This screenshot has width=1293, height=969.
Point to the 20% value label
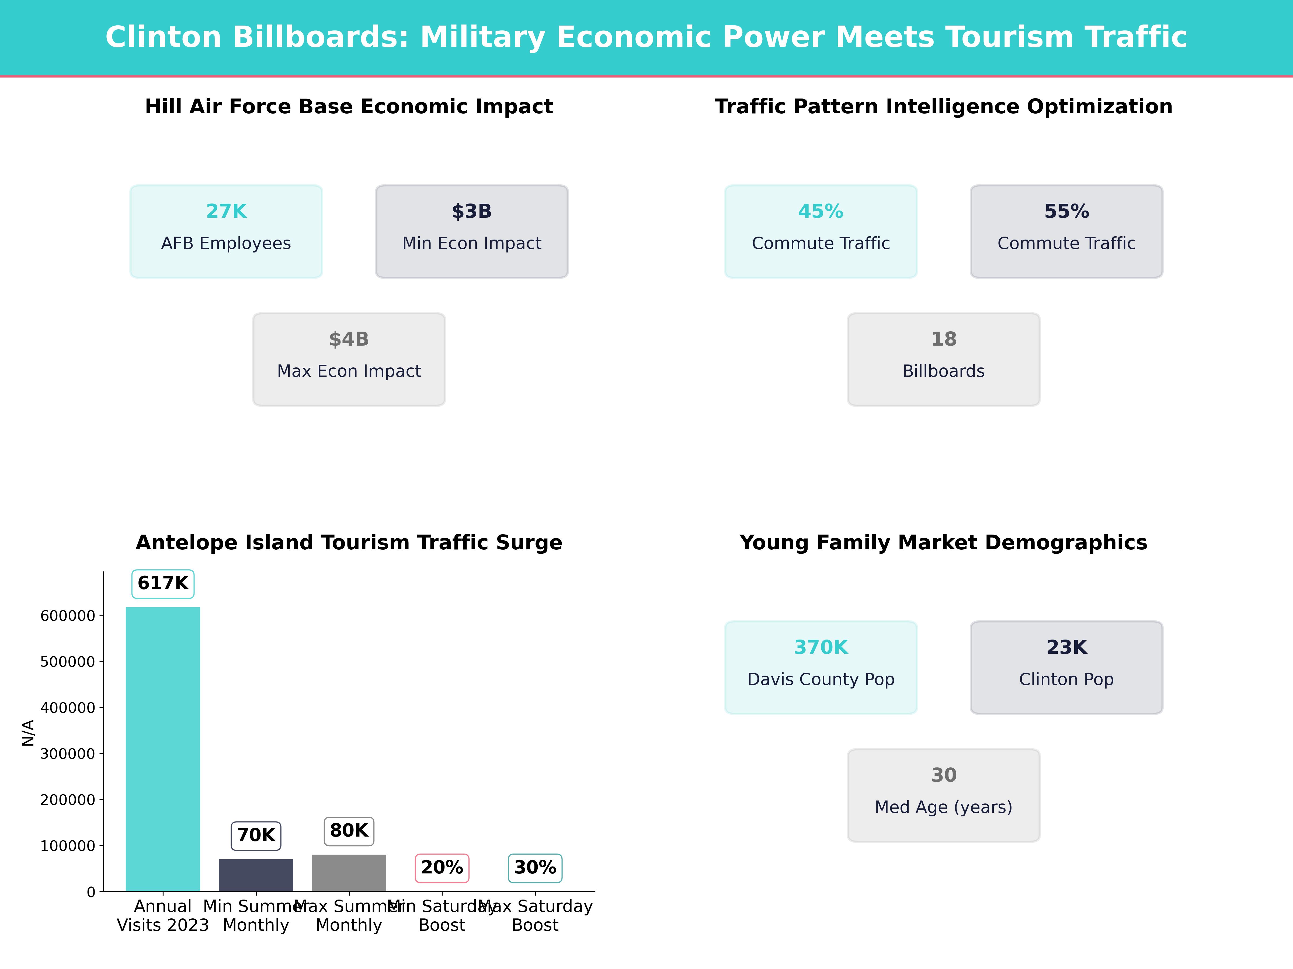click(442, 867)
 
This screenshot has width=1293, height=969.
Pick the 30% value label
click(535, 867)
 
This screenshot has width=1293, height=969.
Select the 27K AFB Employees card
click(226, 231)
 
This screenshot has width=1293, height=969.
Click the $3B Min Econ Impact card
click(472, 231)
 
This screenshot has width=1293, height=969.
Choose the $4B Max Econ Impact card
click(349, 359)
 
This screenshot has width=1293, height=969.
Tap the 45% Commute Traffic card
click(821, 231)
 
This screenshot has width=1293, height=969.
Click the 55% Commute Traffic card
click(1066, 231)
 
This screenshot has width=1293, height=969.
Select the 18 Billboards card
click(943, 359)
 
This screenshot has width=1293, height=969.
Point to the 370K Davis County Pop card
click(821, 667)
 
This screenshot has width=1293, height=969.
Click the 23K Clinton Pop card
click(1066, 667)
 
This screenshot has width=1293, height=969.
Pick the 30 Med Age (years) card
click(943, 795)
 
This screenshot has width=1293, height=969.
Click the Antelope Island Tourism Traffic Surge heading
click(349, 543)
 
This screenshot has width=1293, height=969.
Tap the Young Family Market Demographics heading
click(943, 543)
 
